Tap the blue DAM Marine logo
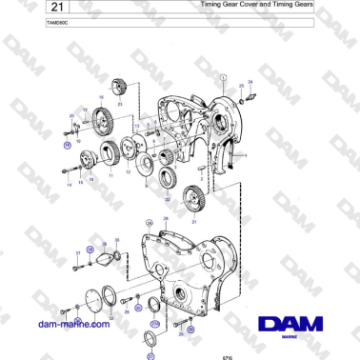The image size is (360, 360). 290,326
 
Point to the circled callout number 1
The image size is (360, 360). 223,75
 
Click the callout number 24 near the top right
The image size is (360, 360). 250,82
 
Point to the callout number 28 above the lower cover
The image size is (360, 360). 165,221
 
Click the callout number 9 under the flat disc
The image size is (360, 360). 146,187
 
